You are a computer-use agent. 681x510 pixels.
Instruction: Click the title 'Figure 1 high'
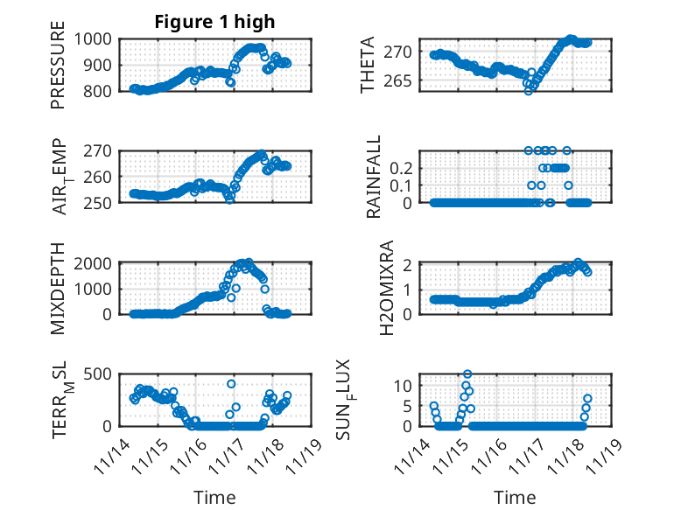tap(214, 22)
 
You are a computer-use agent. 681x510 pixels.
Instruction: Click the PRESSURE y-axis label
tap(58, 71)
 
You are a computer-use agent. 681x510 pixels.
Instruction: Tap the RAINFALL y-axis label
tap(374, 177)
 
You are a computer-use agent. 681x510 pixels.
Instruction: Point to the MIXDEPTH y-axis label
tap(58, 288)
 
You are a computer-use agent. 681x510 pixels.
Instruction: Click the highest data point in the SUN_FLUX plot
tap(467, 374)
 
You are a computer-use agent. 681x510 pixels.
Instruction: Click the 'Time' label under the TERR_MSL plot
tap(214, 498)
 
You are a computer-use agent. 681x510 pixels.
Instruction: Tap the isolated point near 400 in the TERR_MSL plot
tap(231, 384)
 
